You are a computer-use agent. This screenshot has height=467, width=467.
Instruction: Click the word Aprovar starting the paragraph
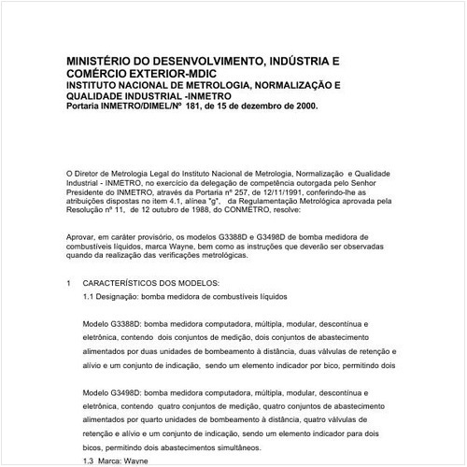[83, 240]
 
